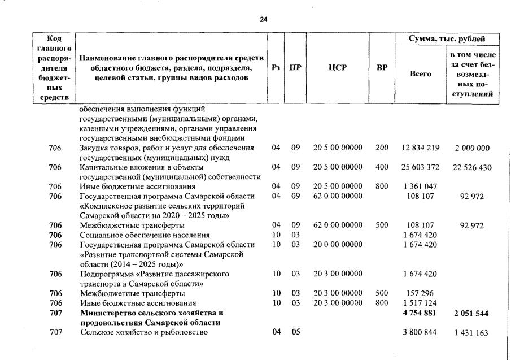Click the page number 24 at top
click(263, 19)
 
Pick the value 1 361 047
click(420, 186)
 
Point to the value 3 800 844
click(420, 332)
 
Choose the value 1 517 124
click(420, 303)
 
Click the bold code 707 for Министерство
click(55, 313)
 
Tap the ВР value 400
click(382, 167)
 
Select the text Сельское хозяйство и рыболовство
click(143, 332)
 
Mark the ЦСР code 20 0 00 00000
click(337, 244)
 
